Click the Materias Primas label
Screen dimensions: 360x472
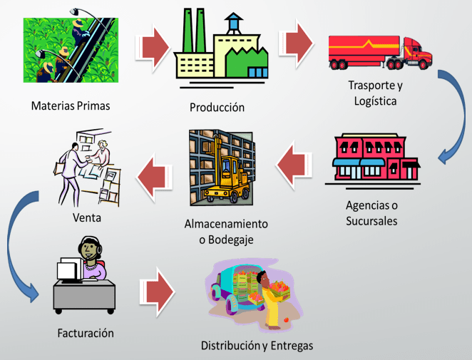point(71,106)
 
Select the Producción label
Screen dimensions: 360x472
point(217,108)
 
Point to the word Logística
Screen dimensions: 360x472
point(374,100)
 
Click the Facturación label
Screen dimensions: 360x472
point(86,333)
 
